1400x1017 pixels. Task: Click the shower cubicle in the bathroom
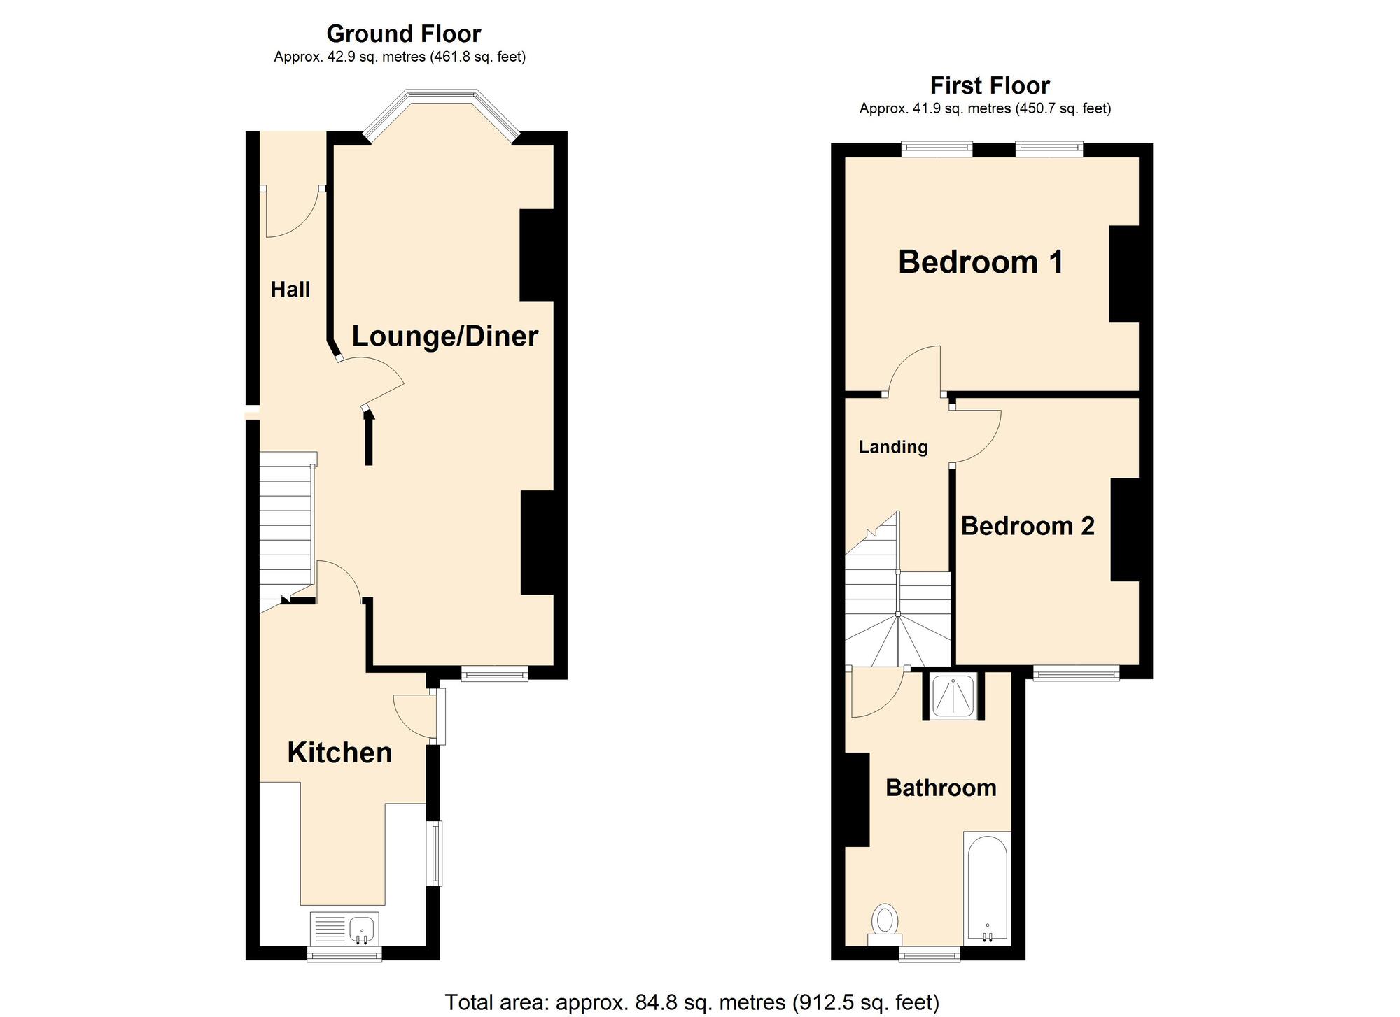click(953, 696)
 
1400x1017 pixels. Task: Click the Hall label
click(290, 290)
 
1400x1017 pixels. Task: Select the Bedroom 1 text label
click(980, 262)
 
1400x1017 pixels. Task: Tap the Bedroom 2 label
click(1027, 526)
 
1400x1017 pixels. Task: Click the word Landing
click(893, 447)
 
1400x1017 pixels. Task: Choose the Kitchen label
click(339, 753)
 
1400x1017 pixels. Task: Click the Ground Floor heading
click(403, 34)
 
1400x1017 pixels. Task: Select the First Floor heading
click(989, 85)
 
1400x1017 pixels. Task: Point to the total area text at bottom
click(692, 1002)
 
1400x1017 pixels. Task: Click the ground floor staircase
click(286, 525)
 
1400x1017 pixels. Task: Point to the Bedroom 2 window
click(1076, 674)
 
